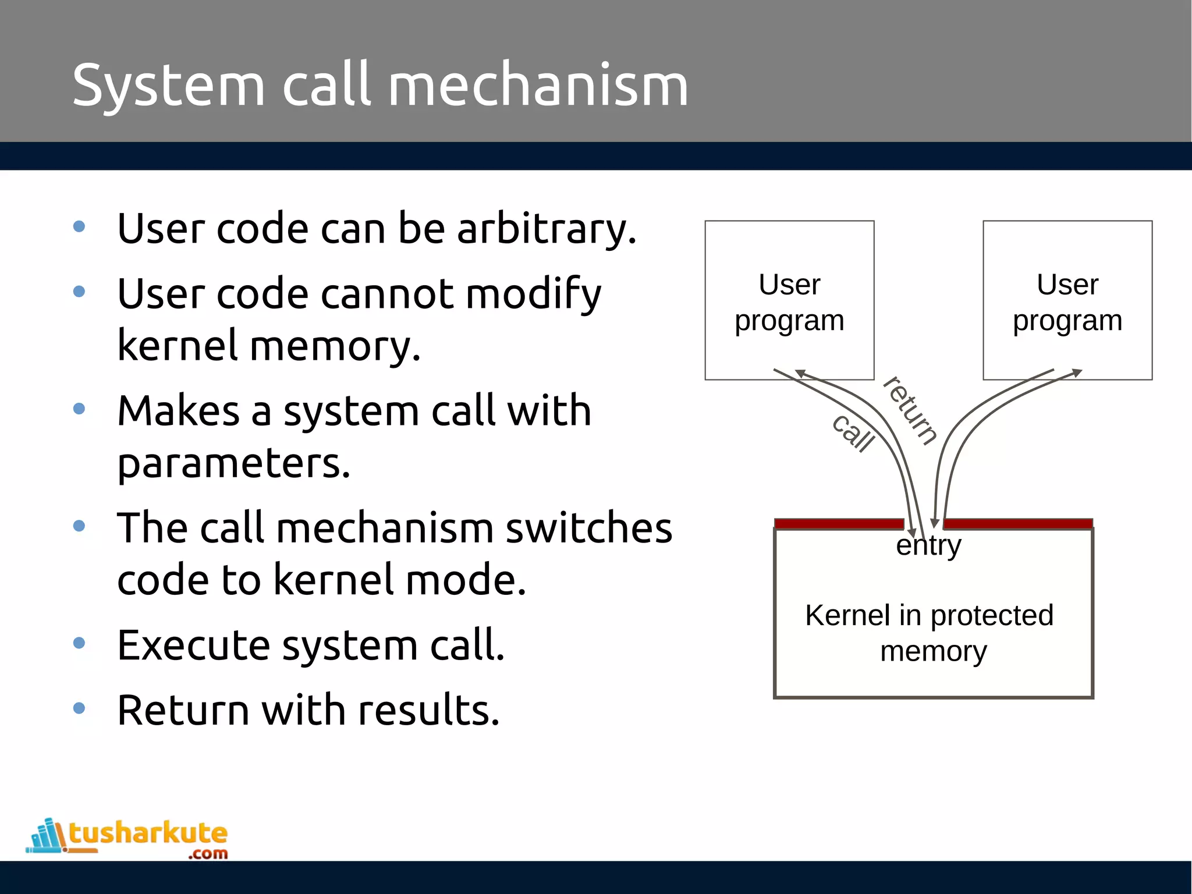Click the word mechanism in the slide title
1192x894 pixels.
538,86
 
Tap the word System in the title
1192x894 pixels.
169,86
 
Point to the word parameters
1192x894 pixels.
233,464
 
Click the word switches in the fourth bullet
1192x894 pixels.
588,528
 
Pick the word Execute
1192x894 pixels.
193,645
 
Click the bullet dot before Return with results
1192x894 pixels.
79,708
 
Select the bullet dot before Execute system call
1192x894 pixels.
79,643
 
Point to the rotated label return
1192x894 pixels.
910,411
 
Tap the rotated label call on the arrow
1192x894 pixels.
853,434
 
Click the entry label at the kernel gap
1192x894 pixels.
928,545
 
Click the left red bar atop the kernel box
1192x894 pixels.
839,524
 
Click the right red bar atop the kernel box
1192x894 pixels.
1017,524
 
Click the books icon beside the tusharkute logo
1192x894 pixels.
47,836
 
